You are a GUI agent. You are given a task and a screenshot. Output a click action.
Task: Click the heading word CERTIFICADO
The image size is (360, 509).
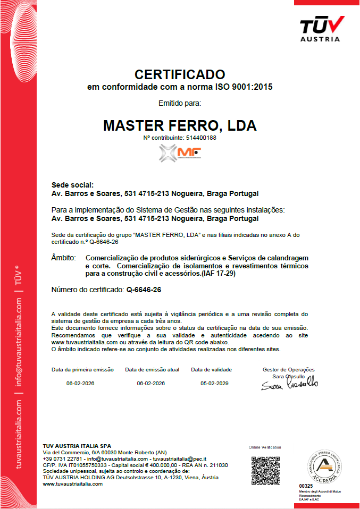click(x=180, y=74)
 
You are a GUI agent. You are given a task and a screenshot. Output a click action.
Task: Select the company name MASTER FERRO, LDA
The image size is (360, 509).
click(x=180, y=126)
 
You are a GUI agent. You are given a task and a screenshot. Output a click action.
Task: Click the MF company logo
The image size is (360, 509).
click(x=180, y=154)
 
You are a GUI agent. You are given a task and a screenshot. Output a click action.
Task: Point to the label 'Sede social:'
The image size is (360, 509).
click(x=72, y=185)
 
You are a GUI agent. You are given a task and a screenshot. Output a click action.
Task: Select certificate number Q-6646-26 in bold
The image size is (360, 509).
click(x=144, y=290)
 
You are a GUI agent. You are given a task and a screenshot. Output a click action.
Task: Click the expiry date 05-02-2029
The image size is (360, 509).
click(x=214, y=383)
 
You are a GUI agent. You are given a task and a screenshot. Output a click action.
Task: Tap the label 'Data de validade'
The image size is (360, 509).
click(x=212, y=369)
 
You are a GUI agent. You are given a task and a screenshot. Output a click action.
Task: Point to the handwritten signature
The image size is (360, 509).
click(x=289, y=384)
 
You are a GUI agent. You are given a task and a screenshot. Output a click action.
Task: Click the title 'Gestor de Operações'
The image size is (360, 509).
click(x=288, y=369)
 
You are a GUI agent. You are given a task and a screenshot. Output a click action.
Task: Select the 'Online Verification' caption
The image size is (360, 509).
click(x=265, y=447)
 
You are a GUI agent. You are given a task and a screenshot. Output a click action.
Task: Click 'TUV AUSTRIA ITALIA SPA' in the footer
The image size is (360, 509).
click(x=77, y=445)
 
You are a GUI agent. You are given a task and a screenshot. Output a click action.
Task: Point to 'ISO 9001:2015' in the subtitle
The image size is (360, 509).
click(x=244, y=86)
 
